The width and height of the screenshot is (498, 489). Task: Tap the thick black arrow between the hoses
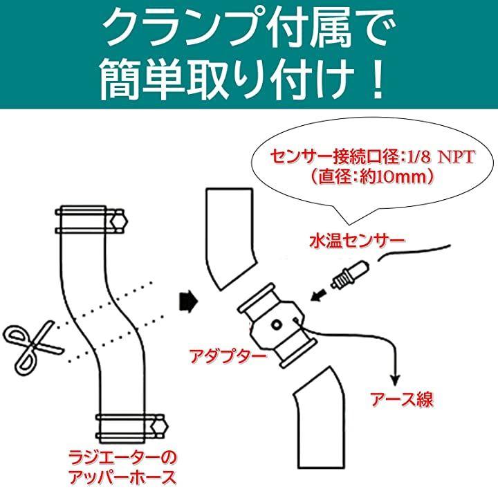tap(189, 301)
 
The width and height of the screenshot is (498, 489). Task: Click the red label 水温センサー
tap(357, 241)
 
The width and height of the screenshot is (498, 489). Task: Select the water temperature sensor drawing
tap(349, 273)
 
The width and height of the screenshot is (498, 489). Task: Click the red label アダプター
tap(228, 356)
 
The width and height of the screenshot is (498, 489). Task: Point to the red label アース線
tap(402, 400)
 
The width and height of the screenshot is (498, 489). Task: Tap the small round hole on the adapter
tap(277, 324)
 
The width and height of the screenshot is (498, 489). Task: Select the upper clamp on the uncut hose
tap(91, 220)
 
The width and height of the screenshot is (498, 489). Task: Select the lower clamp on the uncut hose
tap(132, 428)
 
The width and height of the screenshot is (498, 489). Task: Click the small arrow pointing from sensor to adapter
tap(319, 295)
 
